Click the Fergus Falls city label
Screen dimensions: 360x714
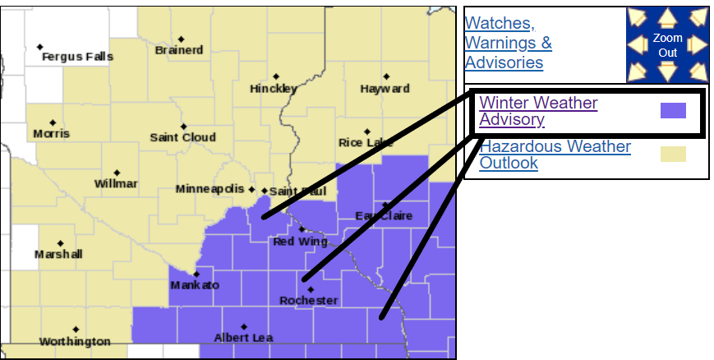tap(77, 57)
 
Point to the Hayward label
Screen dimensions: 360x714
tap(385, 89)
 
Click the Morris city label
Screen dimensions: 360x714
tap(51, 133)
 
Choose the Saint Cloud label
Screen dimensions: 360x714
tap(182, 137)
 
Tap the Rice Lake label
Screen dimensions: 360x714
tap(366, 143)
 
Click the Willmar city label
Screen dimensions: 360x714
tap(116, 183)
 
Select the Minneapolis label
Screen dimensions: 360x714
tap(210, 189)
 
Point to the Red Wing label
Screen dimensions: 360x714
tap(300, 242)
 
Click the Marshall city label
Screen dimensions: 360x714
tap(58, 255)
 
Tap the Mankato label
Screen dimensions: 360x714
tap(195, 285)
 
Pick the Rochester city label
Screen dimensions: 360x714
tap(309, 301)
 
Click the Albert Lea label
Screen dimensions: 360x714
tap(243, 338)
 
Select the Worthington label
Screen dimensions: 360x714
tap(74, 341)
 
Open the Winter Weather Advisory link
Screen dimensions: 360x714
tap(538, 112)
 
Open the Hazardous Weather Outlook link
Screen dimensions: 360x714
tap(555, 155)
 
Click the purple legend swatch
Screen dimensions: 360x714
tap(673, 111)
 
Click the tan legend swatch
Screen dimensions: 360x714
tap(673, 154)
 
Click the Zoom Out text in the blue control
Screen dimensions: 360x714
tap(667, 45)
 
